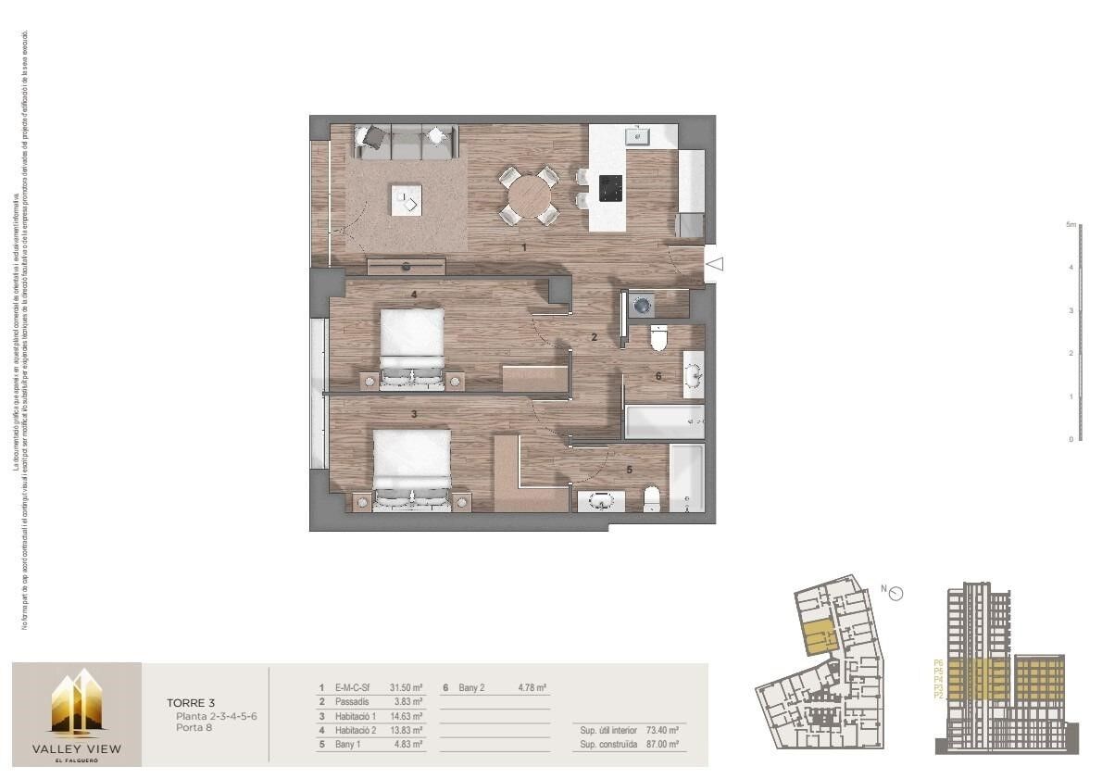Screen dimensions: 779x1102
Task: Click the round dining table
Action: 529,195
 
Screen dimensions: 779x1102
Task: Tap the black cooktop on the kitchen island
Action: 610,188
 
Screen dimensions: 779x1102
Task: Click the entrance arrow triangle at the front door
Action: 714,264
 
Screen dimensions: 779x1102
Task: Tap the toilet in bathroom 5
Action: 651,500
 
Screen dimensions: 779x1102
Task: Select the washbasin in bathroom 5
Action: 602,502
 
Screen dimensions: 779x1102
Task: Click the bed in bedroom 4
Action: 412,342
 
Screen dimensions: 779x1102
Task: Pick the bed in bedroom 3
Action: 412,462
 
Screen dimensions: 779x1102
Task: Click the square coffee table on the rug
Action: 407,199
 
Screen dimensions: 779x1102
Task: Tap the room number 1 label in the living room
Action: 524,247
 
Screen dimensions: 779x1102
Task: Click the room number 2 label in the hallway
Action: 595,337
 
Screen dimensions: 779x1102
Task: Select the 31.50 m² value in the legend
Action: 406,688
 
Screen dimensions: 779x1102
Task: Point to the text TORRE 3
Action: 191,703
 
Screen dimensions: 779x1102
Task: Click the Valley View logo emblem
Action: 77,703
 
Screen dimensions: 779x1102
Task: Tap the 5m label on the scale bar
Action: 1070,224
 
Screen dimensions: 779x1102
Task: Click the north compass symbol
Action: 895,594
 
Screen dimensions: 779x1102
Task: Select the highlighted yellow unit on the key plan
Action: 817,637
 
